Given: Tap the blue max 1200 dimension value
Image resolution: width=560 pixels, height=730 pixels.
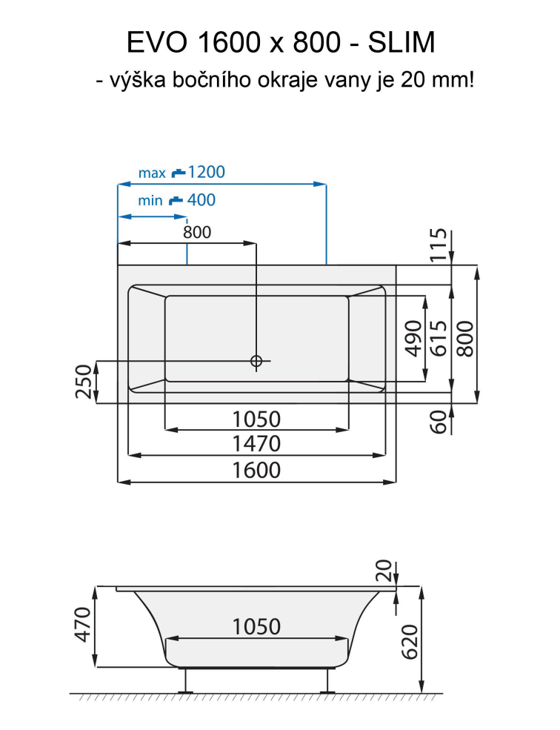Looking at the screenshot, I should click(206, 173).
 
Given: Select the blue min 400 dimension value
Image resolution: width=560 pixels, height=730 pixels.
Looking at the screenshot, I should click(201, 200).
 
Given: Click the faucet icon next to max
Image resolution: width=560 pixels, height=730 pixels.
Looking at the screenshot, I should click(178, 173).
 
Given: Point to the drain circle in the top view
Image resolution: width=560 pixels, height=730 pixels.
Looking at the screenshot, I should click(256, 362).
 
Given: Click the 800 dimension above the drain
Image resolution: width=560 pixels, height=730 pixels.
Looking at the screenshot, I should click(197, 232).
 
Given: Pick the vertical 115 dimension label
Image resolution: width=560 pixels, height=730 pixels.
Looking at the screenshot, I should click(440, 246).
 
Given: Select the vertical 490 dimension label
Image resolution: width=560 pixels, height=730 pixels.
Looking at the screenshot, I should click(414, 338).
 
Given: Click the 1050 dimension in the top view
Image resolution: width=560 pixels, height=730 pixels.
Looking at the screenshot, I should click(256, 419).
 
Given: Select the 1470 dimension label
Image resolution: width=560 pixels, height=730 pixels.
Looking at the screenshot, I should click(256, 444).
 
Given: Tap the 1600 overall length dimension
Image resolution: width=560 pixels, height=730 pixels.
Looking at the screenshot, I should click(256, 470).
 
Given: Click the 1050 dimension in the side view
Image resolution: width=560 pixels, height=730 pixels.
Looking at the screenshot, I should click(256, 627).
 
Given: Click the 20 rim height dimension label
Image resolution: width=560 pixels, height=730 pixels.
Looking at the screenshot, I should click(384, 571).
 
